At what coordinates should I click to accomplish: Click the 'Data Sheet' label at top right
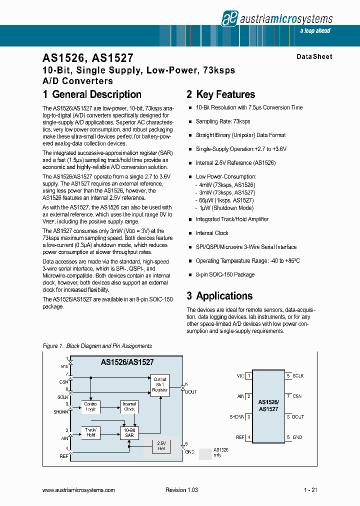(x=314, y=56)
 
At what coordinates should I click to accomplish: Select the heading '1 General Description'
(x=92, y=94)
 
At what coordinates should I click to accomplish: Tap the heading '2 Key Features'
(x=220, y=94)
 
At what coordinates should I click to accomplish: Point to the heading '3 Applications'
(x=219, y=295)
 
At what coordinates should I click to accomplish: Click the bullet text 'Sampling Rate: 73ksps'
(x=223, y=121)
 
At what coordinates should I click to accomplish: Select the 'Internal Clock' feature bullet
(x=212, y=233)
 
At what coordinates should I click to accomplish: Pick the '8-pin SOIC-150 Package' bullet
(x=225, y=274)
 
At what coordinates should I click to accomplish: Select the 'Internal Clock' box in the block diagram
(x=129, y=406)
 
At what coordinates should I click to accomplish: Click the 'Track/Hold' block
(x=91, y=432)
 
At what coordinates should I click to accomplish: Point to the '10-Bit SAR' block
(x=129, y=432)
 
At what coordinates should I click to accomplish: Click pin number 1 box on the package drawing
(x=248, y=375)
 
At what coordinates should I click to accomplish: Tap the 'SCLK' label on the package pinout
(x=298, y=375)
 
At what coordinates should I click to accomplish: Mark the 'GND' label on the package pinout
(x=297, y=437)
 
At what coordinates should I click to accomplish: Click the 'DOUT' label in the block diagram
(x=191, y=392)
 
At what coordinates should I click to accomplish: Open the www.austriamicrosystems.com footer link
(x=79, y=490)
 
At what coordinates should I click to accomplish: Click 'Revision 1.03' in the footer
(x=181, y=490)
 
